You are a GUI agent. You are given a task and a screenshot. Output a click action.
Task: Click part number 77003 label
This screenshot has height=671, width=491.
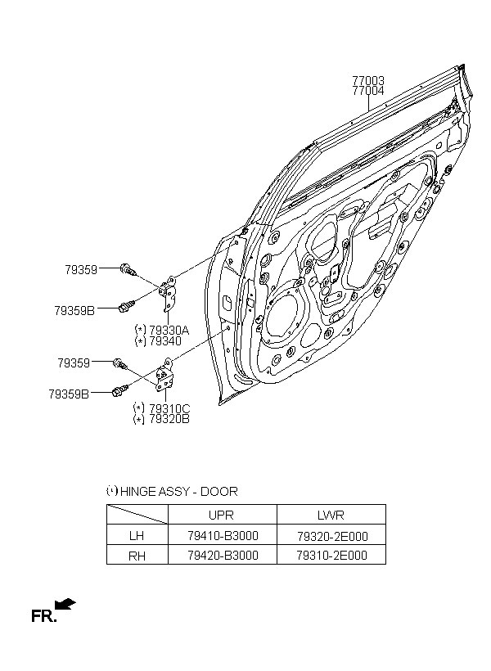[368, 80]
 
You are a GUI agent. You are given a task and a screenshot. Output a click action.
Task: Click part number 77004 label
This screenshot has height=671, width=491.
[368, 91]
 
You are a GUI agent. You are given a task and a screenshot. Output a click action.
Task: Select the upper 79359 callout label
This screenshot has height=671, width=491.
[81, 269]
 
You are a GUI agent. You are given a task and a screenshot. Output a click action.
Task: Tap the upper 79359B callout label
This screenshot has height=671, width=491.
[74, 311]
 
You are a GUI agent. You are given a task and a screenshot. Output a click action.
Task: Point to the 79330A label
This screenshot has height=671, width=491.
[169, 331]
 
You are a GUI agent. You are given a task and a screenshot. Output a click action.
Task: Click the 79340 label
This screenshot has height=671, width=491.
[165, 341]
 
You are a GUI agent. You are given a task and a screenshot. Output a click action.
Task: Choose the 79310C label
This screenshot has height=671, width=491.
[169, 408]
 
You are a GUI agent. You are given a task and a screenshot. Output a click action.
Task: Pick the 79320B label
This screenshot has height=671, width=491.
[169, 419]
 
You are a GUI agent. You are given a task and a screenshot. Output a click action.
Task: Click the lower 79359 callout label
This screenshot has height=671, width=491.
[74, 363]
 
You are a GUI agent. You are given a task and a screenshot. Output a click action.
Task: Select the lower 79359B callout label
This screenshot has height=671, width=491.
[69, 394]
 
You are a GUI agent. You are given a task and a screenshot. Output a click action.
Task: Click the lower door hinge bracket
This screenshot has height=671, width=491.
[165, 375]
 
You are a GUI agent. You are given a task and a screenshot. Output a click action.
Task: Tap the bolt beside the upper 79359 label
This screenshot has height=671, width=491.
[128, 269]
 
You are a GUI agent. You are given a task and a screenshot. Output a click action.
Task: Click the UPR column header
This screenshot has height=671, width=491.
[221, 515]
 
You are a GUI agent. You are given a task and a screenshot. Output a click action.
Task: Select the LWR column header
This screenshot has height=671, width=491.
[331, 515]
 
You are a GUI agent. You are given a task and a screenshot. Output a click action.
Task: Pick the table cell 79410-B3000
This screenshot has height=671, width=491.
[223, 535]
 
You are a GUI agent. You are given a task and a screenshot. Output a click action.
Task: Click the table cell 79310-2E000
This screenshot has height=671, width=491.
[331, 556]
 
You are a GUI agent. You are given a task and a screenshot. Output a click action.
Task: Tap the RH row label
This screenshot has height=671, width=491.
[137, 556]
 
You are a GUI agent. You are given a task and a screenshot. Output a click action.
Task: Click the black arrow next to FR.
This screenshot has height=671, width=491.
[65, 604]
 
